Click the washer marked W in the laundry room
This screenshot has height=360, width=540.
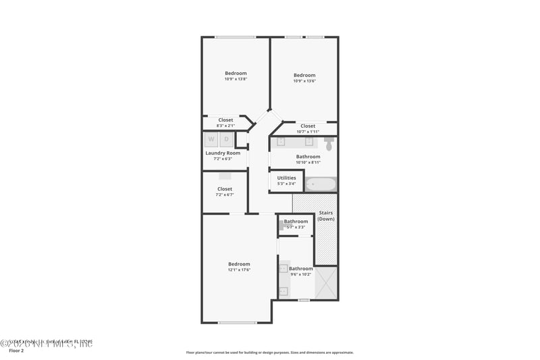click(211, 140)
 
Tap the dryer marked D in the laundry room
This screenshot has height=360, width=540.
click(227, 140)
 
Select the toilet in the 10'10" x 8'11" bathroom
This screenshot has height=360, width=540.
click(329, 144)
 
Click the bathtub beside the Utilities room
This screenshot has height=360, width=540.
click(320, 184)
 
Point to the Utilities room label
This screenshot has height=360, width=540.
click(286, 178)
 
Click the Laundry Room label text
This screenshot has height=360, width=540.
click(222, 153)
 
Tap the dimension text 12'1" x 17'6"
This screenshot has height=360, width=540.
click(239, 270)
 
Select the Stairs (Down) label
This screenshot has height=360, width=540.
click(326, 215)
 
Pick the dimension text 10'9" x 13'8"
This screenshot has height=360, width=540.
click(236, 79)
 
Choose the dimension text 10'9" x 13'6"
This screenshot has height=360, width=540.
click(304, 80)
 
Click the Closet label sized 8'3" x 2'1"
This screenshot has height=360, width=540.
click(225, 120)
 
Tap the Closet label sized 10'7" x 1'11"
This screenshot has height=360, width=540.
click(308, 126)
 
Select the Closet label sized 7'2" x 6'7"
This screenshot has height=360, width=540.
click(225, 188)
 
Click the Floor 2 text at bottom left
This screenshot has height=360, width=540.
click(16, 351)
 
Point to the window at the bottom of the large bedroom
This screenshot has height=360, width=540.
click(236, 323)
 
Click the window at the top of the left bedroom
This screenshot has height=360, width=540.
click(234, 36)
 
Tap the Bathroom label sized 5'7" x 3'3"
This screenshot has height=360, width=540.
click(296, 222)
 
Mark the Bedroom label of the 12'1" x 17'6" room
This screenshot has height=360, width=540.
click(239, 264)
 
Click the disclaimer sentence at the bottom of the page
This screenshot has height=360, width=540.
click(269, 352)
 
